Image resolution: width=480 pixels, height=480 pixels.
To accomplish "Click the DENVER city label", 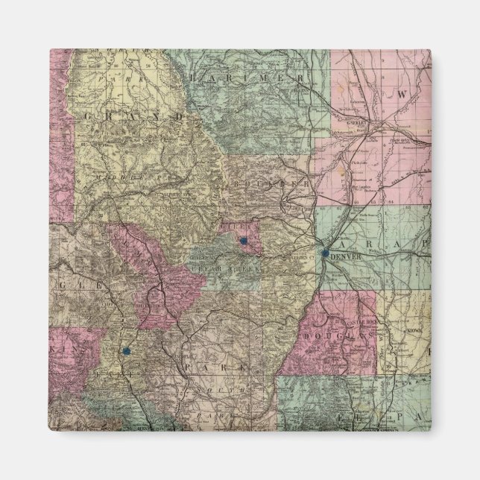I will click(344, 257).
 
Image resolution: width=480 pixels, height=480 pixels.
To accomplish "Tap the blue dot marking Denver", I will click(325, 253).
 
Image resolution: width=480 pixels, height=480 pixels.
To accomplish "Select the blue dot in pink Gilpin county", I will click(244, 241).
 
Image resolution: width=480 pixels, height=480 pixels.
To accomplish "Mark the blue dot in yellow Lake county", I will click(126, 349).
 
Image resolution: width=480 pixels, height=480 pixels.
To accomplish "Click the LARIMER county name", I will click(246, 78).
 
